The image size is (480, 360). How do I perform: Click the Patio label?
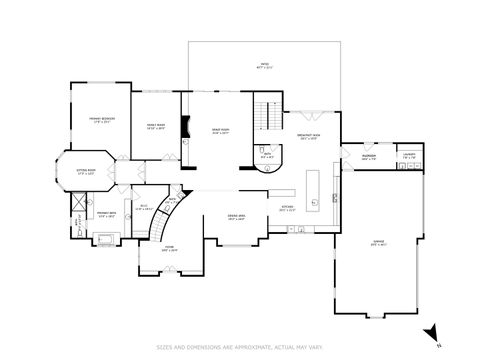coord(264,65)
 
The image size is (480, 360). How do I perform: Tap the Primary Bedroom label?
coord(101,119)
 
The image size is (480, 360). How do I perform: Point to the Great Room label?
coord(220,131)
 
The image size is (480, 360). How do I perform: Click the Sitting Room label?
coord(85,171)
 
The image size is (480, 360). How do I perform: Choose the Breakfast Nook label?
coord(308,136)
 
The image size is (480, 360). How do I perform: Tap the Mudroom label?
coord(367,157)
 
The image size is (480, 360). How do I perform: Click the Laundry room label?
coord(409,157)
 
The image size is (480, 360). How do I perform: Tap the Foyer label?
coord(170,249)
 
